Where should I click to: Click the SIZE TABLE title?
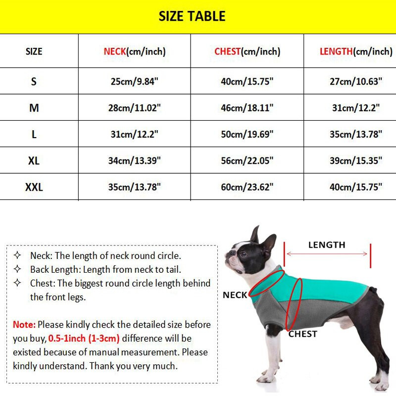pyautogui.click(x=192, y=16)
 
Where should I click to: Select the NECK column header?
pyautogui.click(x=134, y=51)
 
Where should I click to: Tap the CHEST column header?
pyautogui.click(x=247, y=51)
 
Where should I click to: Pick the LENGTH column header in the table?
pyautogui.click(x=356, y=51)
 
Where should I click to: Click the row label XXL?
pyautogui.click(x=34, y=187)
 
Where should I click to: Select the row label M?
pyautogui.click(x=34, y=107)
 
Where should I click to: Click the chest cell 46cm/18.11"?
pyautogui.click(x=247, y=107)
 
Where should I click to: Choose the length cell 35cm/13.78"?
pyautogui.click(x=356, y=134)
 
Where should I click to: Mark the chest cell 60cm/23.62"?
pyautogui.click(x=247, y=187)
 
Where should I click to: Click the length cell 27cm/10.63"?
pyautogui.click(x=356, y=81)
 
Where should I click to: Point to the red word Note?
pyautogui.click(x=24, y=325)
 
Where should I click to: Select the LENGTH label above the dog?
pyautogui.click(x=327, y=245)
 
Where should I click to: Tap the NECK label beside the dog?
pyautogui.click(x=235, y=295)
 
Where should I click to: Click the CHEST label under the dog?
pyautogui.click(x=302, y=334)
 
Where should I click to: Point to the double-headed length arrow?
pyautogui.click(x=327, y=254)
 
